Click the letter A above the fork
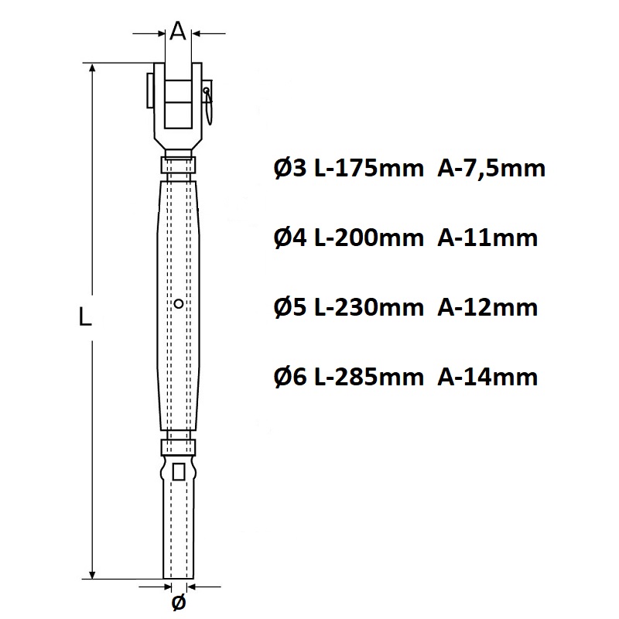(178, 31)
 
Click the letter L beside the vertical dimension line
(85, 316)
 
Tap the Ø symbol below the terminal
(179, 602)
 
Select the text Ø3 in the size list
(289, 169)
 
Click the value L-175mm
(369, 169)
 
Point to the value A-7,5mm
(491, 169)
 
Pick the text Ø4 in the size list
(289, 238)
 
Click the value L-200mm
(369, 238)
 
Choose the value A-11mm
(487, 238)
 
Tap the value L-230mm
(369, 307)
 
